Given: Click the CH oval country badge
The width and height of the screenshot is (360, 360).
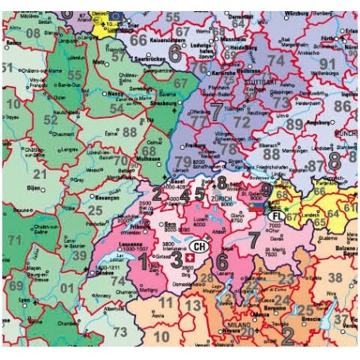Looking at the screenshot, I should point(199,248).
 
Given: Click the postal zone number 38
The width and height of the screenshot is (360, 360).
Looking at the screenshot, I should point(335,277).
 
